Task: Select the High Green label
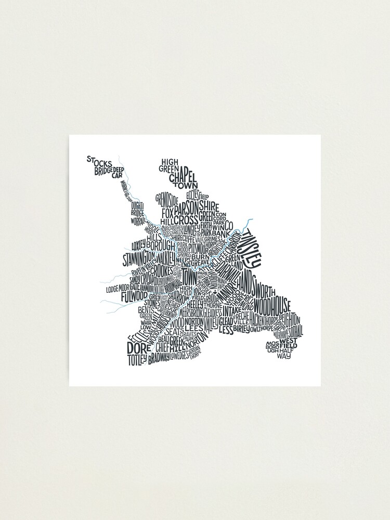pos(170,165)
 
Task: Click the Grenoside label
pos(167,200)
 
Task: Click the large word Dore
pos(137,347)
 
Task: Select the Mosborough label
pos(272,347)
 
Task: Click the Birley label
pos(242,329)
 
